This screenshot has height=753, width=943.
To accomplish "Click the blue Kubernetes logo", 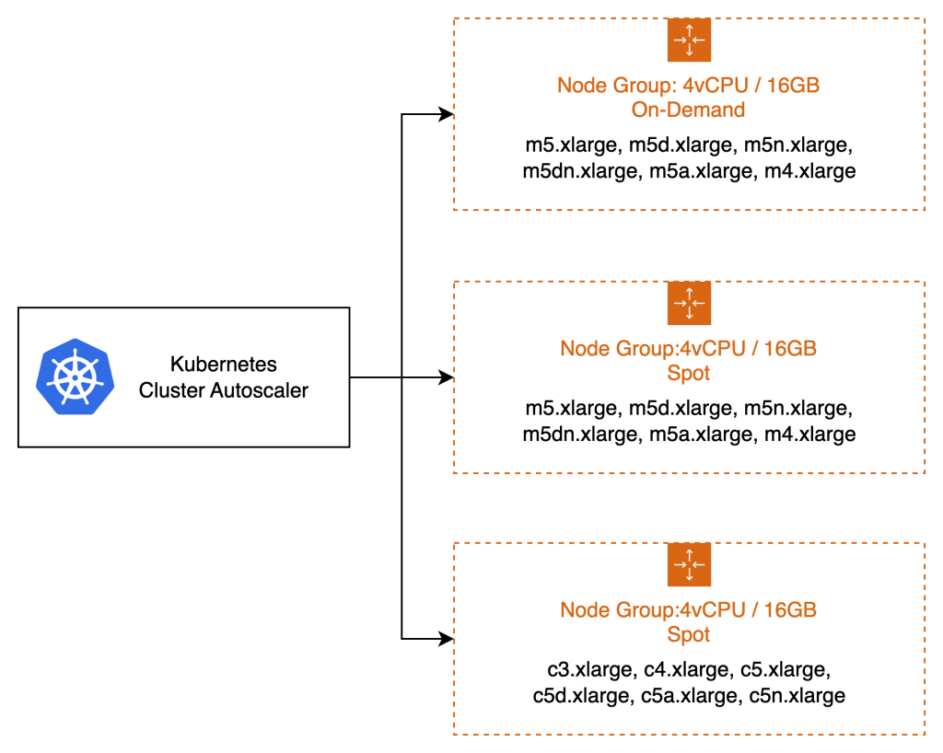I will point(74,376).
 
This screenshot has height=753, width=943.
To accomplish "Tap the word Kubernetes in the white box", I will point(223,365).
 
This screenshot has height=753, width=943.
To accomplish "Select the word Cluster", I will point(171,390).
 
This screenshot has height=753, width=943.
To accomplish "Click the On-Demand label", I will point(688,110).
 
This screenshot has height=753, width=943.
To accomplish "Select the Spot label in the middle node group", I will point(688,375).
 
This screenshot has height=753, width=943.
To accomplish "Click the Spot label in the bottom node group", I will point(688,635).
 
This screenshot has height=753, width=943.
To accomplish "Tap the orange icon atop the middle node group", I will point(689,304).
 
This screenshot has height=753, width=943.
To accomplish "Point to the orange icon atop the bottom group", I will point(689,565).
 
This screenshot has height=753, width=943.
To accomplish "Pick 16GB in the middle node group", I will point(790,349).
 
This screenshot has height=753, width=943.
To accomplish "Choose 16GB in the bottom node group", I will point(790,610).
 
